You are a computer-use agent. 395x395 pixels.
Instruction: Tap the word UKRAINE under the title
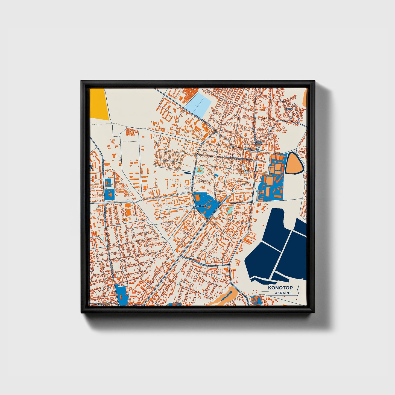tap(283, 293)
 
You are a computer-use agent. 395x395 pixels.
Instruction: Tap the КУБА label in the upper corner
tap(289, 109)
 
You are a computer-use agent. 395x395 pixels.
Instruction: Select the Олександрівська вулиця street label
tap(239, 158)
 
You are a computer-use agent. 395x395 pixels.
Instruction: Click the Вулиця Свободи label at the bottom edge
tap(102, 304)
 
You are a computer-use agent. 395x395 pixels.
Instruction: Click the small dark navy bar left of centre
tap(188, 173)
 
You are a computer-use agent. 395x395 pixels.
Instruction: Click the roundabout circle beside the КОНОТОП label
tap(194, 207)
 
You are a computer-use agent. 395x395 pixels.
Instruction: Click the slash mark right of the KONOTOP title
tap(298, 288)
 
